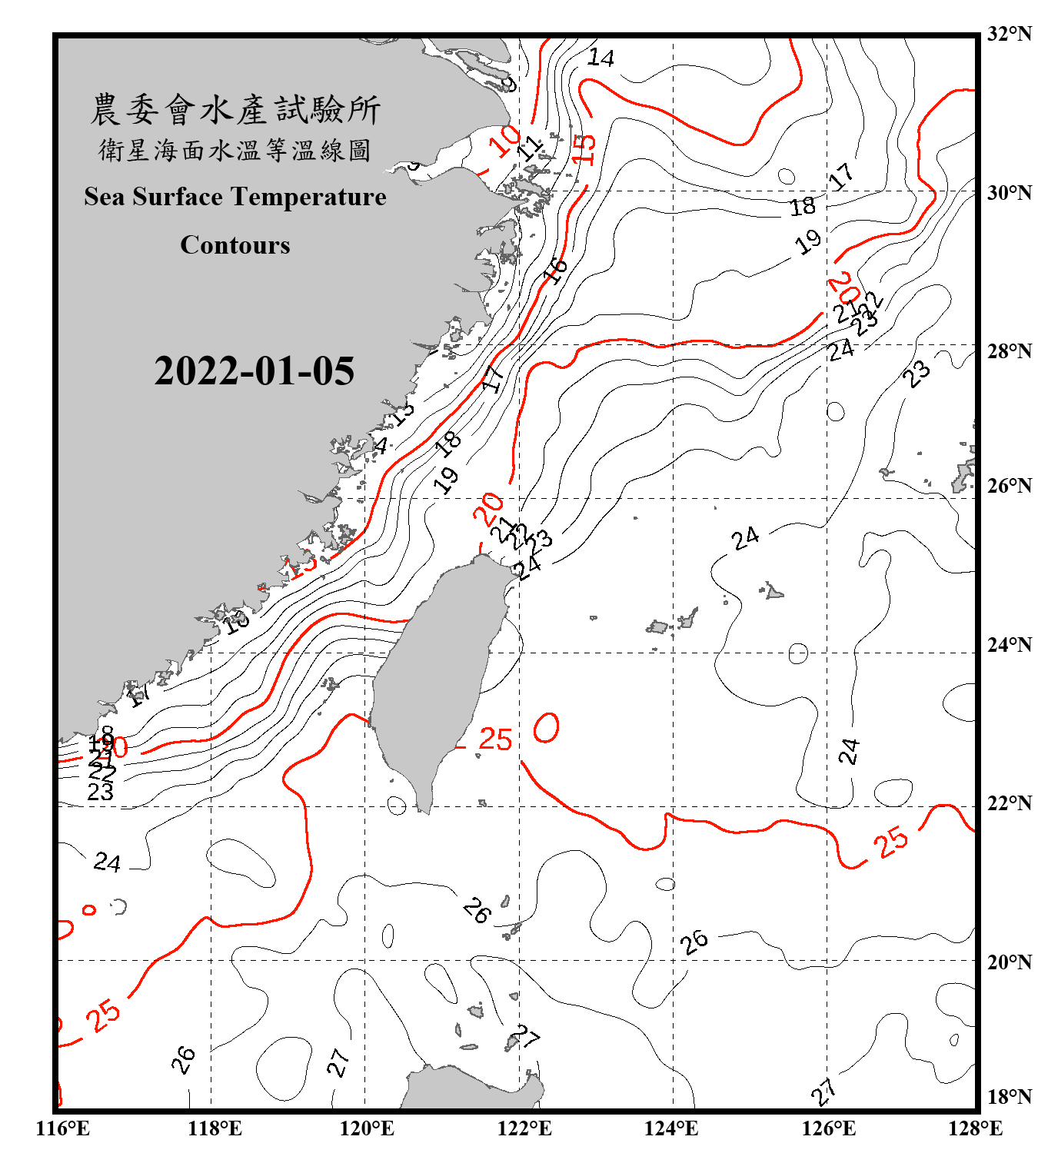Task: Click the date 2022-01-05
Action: [254, 371]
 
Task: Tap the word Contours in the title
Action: [235, 245]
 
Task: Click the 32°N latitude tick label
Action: [1009, 34]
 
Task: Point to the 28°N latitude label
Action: [1009, 351]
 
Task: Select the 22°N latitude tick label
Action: [1009, 803]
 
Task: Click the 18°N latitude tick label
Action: [1009, 1097]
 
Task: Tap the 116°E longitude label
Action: [63, 1128]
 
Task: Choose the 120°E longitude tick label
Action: [367, 1128]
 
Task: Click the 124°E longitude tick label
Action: [671, 1128]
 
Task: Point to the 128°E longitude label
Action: [975, 1128]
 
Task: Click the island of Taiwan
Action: [434, 676]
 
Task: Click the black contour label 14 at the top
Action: [601, 58]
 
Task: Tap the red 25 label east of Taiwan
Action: [495, 739]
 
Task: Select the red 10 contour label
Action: [504, 141]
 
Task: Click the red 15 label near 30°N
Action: [584, 149]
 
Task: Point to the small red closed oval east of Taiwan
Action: [547, 728]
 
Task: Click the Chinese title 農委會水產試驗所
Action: [235, 110]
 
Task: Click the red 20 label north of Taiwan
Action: [488, 509]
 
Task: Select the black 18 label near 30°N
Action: [803, 206]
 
